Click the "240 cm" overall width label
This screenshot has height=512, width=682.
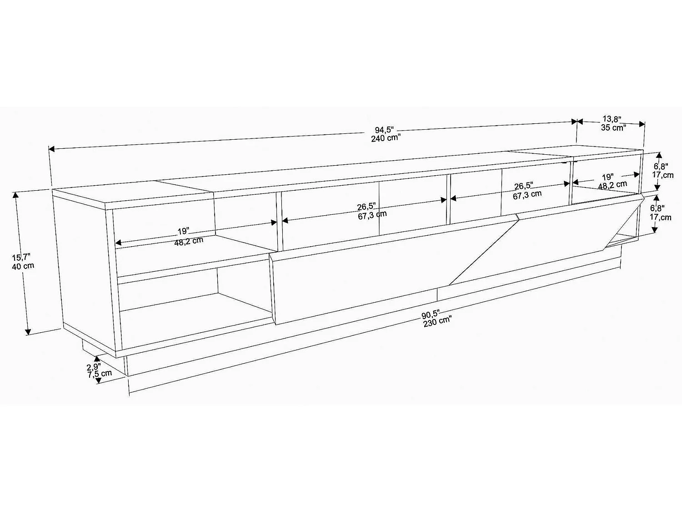tap(385, 138)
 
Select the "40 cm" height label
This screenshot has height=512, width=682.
tap(23, 266)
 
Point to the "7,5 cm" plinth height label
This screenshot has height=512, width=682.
tap(100, 374)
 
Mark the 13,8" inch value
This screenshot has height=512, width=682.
tap(612, 119)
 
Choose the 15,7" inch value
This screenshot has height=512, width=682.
tap(22, 258)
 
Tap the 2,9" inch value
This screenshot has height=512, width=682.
tap(94, 366)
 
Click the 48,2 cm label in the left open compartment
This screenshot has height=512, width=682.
tap(189, 241)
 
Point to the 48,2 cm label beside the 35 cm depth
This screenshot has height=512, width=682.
tap(612, 185)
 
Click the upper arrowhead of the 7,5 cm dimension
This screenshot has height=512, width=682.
tap(96, 359)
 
